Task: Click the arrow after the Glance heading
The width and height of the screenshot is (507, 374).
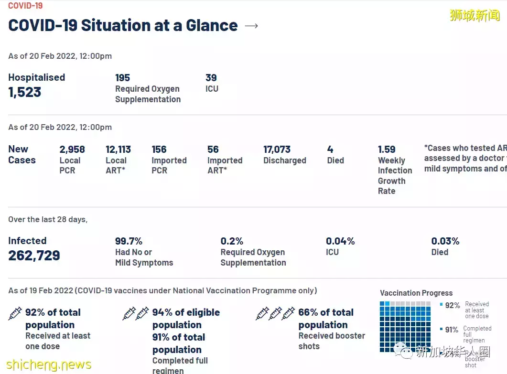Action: coord(251,26)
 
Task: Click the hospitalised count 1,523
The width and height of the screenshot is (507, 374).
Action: coord(25,92)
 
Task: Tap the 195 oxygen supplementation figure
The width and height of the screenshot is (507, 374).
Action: coord(122,78)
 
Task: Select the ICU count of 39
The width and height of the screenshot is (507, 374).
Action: coord(211,78)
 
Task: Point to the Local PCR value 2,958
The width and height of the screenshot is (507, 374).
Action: coord(72,150)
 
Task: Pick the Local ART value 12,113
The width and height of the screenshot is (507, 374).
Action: coord(118,150)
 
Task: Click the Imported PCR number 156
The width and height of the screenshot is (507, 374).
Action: coord(159,150)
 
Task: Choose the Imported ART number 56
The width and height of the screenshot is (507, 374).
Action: coord(213,150)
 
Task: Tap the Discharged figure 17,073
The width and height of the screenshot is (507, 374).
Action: coord(277,150)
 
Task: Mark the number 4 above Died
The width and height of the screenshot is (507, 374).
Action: coord(330,150)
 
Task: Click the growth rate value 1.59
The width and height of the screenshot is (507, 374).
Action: coord(387,150)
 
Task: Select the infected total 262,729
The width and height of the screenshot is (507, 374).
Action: coord(34,256)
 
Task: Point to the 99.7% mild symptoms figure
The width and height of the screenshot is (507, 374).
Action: coord(129,241)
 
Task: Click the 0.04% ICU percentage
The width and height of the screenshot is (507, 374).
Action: coord(340,241)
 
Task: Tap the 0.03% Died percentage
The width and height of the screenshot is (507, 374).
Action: coord(445,241)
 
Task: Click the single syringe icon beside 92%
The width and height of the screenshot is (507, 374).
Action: coord(15,313)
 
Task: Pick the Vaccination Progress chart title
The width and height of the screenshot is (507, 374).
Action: coord(416,293)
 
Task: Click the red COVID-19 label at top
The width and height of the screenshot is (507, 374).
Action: coord(25,6)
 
